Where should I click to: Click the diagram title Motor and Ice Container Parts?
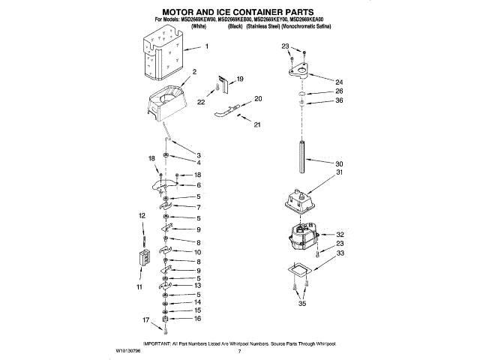coord(239,12)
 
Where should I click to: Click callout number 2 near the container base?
coord(194,72)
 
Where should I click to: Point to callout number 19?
coord(240,79)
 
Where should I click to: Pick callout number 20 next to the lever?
coord(258,99)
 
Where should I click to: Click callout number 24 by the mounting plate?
coord(339,82)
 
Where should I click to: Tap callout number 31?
coord(339,173)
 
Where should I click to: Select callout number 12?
coord(141,216)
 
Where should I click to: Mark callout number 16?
coord(198,319)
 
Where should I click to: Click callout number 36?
coord(339,100)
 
